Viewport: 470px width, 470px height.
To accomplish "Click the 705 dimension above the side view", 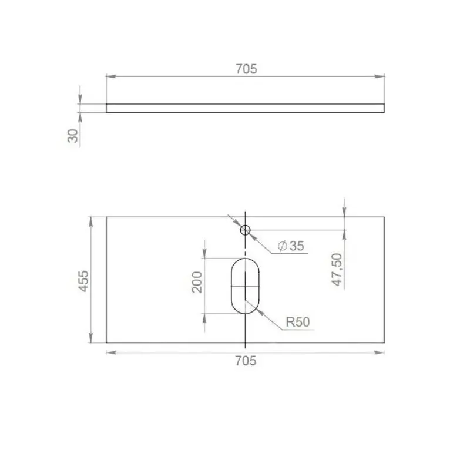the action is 246,69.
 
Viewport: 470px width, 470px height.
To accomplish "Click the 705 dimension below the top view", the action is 246,361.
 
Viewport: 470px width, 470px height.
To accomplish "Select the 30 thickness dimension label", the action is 73,136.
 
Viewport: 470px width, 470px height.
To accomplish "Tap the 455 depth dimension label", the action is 83,281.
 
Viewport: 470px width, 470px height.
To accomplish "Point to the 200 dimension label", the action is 197,282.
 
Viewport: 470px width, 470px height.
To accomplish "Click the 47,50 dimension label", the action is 337,270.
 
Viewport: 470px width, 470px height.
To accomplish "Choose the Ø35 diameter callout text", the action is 291,246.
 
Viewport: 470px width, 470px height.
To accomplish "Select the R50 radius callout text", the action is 298,322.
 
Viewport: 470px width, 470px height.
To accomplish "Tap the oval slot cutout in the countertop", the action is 231,286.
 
